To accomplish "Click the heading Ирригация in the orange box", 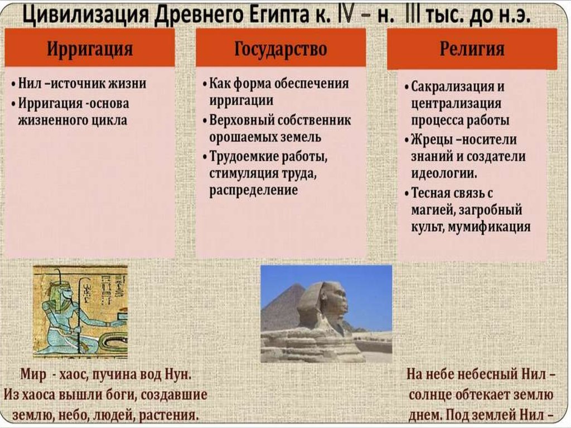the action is coord(90,49).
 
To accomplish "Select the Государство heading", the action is coord(280,49).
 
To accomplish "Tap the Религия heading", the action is coord(472,49).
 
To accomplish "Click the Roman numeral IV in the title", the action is coord(345,15).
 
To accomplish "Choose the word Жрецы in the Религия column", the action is coord(430,140).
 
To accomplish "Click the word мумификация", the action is coord(488,227).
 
